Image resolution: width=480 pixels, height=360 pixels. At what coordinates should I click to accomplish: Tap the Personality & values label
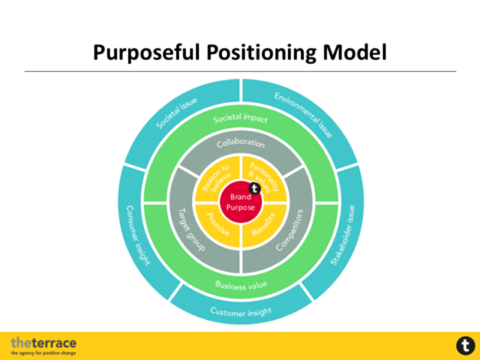(264, 177)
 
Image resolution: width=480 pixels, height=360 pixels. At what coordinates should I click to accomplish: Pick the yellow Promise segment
(216, 225)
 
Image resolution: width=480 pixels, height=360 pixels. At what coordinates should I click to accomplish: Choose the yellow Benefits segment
(263, 226)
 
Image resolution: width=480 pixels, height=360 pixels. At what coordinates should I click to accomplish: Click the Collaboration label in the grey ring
(240, 144)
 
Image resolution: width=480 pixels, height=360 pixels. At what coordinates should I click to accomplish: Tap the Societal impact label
(240, 118)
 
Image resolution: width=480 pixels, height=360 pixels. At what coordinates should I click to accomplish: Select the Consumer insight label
(139, 235)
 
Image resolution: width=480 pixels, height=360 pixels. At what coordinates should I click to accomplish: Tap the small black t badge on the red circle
(255, 189)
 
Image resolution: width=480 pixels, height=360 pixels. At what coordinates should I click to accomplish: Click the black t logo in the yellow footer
(465, 346)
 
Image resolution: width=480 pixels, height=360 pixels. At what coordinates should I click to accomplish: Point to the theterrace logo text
(44, 343)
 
